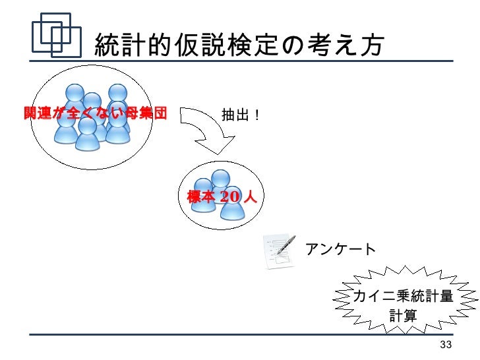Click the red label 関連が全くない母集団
click(95, 114)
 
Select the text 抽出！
click(241, 115)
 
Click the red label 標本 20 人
click(222, 197)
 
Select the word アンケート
click(340, 249)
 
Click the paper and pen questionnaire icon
click(280, 251)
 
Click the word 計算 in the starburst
click(403, 316)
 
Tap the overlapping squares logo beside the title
click(56, 36)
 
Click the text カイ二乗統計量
click(403, 297)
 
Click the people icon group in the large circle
click(92, 115)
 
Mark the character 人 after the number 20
click(249, 197)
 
